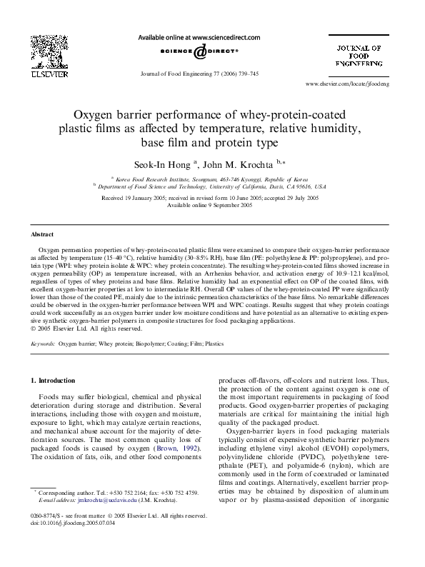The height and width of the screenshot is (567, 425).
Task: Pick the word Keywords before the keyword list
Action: pyautogui.click(x=43, y=343)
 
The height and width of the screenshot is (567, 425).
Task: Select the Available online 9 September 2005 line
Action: pyautogui.click(x=211, y=204)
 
